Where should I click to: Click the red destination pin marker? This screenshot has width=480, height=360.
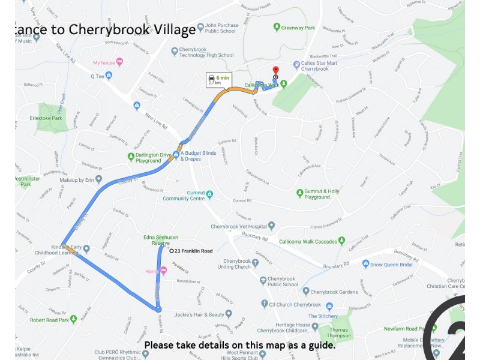coord(275,71)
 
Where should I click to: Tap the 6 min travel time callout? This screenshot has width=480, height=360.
coord(218,80)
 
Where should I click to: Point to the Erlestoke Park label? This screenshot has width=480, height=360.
coord(50,118)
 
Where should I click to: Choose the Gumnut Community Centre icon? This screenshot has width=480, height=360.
coord(209,194)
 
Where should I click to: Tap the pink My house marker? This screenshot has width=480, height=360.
coord(119,62)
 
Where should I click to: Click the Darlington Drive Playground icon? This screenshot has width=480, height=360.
coord(130,157)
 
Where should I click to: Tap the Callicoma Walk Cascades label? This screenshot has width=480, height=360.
coord(307,242)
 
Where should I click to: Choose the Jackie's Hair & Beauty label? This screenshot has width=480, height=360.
coord(194,314)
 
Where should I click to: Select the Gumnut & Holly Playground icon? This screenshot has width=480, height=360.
coord(300,193)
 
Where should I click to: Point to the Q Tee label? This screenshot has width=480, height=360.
coord(97,76)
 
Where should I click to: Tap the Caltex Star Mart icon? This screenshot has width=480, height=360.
coord(296,65)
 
